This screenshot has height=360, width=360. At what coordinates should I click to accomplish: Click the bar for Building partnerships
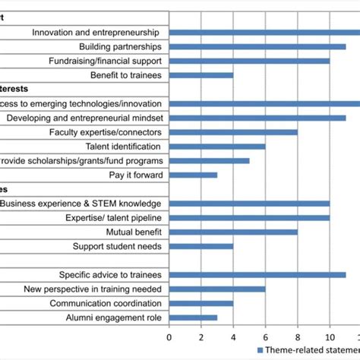[x=257, y=46]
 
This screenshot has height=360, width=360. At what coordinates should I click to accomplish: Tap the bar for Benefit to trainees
[x=201, y=75]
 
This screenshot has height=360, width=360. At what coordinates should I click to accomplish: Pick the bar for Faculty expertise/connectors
[x=233, y=132]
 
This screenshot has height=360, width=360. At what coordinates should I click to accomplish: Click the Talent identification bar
[x=217, y=147]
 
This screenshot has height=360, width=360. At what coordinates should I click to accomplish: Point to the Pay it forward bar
[x=193, y=175]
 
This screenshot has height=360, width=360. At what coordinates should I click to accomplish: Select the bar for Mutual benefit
[x=233, y=232]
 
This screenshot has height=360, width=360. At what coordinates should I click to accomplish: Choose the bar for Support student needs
[x=201, y=246]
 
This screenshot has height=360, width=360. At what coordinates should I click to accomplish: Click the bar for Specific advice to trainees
[x=257, y=275]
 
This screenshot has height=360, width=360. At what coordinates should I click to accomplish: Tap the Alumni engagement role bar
[x=193, y=317]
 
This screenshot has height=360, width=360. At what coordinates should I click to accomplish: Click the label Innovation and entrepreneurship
[x=96, y=32]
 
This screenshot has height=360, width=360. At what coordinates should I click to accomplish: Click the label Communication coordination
[x=106, y=303]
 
